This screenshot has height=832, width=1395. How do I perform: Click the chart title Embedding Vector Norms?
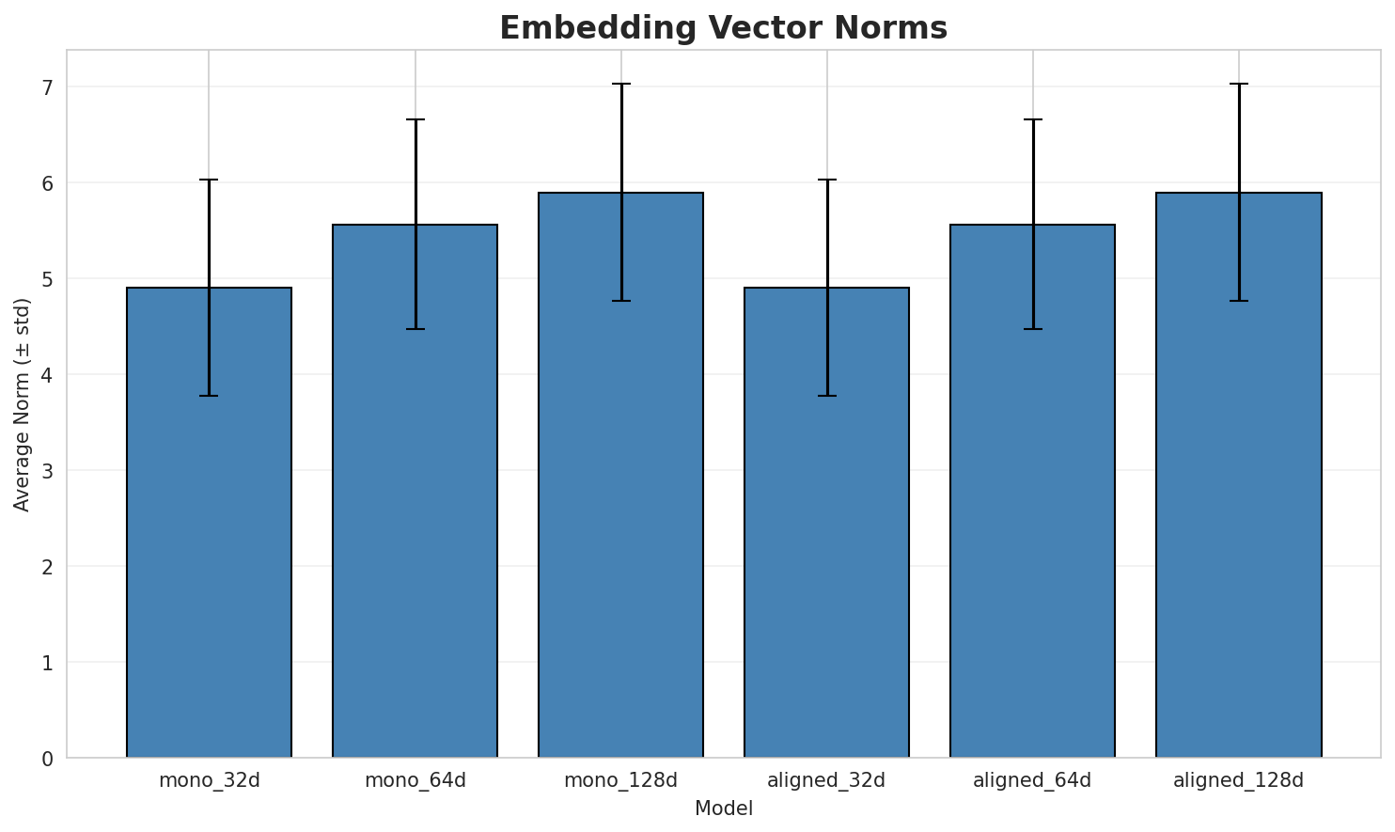(723, 28)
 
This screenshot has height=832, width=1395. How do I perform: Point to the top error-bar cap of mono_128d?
(620, 84)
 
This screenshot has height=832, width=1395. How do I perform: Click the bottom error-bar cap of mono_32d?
(209, 396)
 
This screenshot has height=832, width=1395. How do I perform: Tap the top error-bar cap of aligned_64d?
(1032, 119)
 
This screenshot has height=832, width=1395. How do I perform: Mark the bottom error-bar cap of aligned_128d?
(1239, 301)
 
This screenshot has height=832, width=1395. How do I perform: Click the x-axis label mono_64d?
(415, 780)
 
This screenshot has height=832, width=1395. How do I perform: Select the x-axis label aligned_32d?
(826, 780)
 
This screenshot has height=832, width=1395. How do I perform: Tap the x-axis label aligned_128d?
(1239, 780)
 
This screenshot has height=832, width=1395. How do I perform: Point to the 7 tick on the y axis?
(47, 87)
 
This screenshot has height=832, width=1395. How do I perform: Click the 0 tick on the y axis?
(47, 758)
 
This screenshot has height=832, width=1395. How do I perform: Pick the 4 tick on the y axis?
(47, 375)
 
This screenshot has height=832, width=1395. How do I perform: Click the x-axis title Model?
(723, 808)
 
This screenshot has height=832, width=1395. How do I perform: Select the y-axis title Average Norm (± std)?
(23, 404)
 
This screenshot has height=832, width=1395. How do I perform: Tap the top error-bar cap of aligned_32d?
(826, 180)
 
